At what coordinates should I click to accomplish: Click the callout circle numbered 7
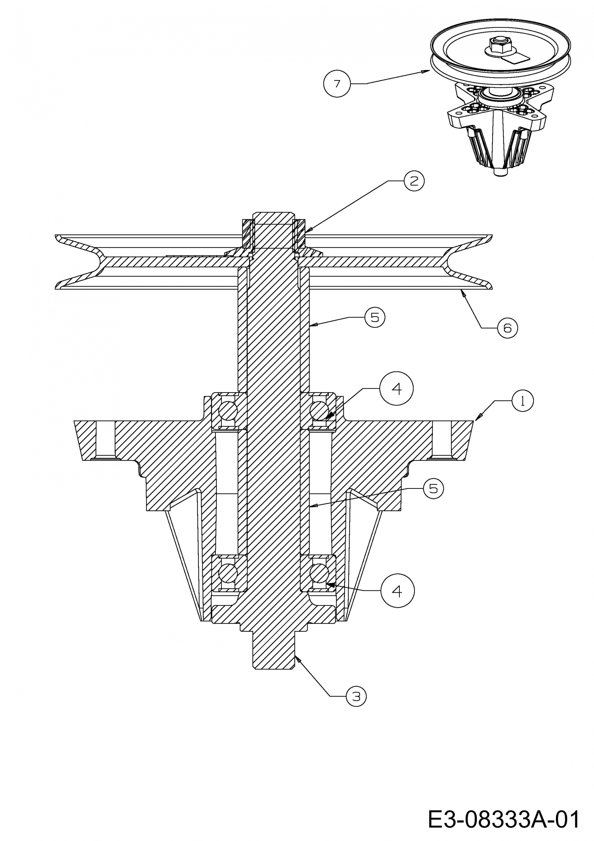click(337, 84)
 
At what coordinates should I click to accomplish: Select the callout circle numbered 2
click(414, 181)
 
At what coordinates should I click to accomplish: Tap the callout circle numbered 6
click(507, 328)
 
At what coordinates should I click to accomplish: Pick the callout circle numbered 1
click(523, 401)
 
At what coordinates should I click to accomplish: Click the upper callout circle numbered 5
click(375, 317)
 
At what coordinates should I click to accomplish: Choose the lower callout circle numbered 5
click(433, 489)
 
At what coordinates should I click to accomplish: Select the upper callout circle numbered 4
click(397, 389)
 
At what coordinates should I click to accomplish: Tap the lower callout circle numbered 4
click(397, 591)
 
